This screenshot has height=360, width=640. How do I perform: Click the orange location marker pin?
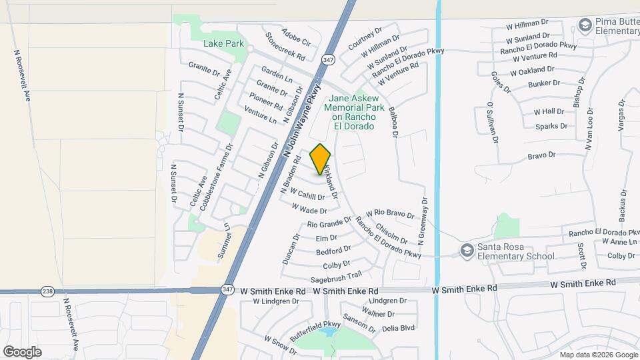click(321, 159)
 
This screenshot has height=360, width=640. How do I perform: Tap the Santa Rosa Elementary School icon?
click(467, 251)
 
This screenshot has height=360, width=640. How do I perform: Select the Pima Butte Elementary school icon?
click(585, 25)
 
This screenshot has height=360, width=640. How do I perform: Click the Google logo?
click(23, 351)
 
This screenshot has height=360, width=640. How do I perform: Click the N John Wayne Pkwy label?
click(302, 121)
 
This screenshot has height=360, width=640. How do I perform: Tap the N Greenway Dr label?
click(421, 219)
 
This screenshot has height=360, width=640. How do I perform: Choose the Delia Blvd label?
click(398, 327)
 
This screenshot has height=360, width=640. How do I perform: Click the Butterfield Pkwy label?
click(315, 331)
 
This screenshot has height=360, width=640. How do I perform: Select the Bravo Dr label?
click(541, 155)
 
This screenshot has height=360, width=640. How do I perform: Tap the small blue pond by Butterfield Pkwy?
click(327, 331)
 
